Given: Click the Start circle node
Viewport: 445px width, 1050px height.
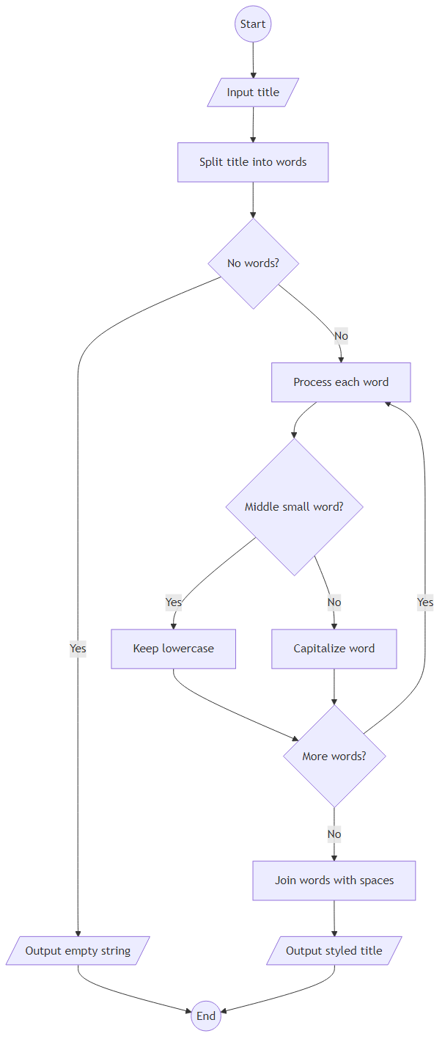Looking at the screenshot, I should (x=253, y=24).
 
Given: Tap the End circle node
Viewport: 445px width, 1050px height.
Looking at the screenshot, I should (x=206, y=1016).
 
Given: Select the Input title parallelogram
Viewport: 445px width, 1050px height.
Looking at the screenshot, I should (x=253, y=92).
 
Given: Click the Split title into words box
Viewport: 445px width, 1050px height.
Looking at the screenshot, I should (x=253, y=162).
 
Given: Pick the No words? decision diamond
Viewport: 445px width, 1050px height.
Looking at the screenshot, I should (x=253, y=263).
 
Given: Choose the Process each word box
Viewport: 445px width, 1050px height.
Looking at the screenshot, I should (x=341, y=382).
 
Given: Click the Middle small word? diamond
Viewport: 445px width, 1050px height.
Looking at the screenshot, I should (x=294, y=507).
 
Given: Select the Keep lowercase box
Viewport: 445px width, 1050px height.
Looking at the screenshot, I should (x=174, y=649).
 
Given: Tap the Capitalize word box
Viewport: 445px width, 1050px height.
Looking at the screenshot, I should (x=334, y=649).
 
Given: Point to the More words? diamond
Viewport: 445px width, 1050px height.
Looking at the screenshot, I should (x=334, y=756).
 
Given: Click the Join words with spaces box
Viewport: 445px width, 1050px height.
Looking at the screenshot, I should (x=334, y=881).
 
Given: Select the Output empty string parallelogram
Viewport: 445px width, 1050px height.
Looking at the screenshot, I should (x=78, y=951).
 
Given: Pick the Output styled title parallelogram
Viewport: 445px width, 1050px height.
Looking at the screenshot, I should (x=334, y=951).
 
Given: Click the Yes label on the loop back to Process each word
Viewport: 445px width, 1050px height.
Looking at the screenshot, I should (x=425, y=602).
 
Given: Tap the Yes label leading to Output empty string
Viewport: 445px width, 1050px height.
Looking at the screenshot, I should (x=78, y=649).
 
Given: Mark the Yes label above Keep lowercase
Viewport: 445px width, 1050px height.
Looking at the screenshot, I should (x=174, y=602).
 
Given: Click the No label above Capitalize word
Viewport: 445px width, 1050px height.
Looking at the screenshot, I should (x=334, y=602).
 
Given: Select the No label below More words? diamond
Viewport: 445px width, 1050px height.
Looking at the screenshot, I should (x=334, y=834).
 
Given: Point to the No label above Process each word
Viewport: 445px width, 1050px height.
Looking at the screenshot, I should (x=341, y=336).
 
